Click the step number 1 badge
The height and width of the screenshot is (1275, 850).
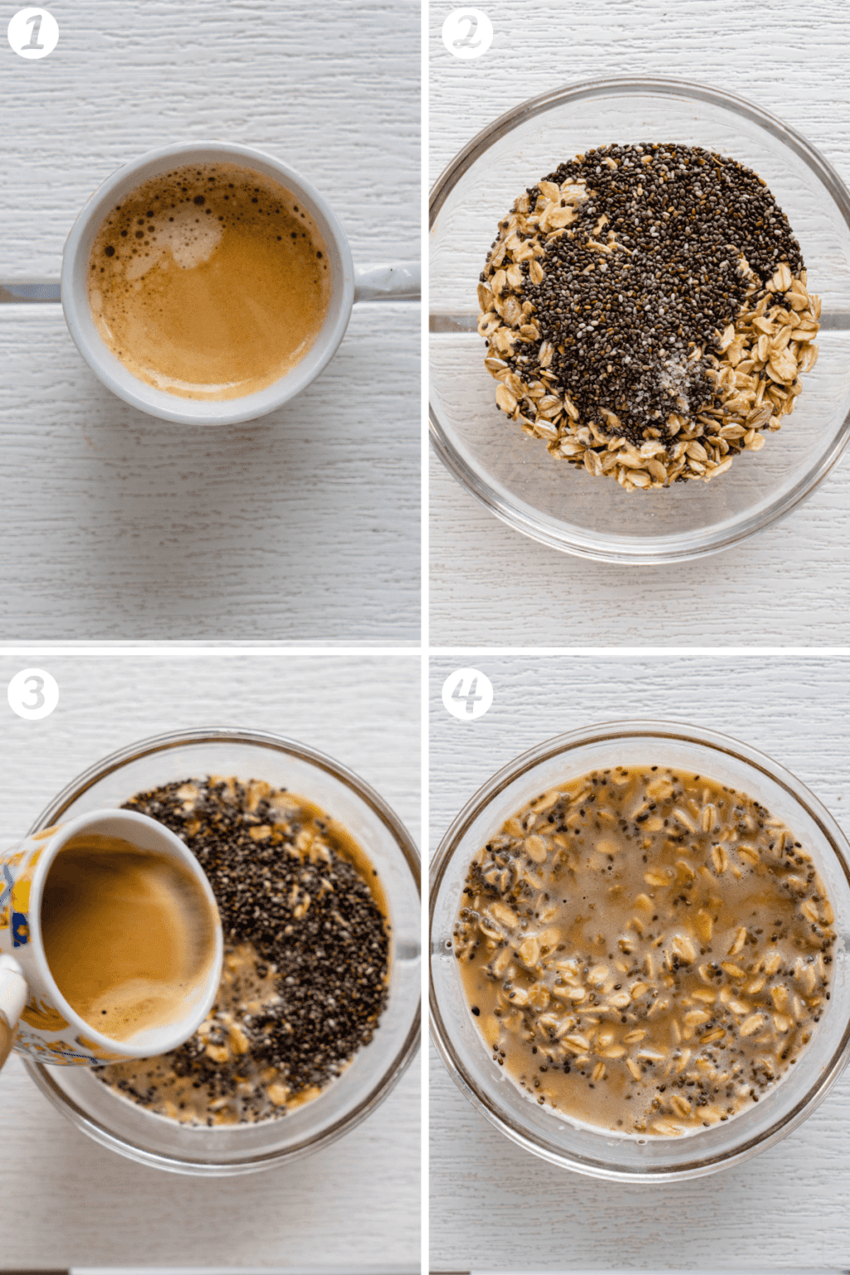pos(32,33)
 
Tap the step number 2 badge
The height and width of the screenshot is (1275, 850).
pos(467,33)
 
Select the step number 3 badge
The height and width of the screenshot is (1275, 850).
pos(32,693)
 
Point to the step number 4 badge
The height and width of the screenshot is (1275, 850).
pos(467,693)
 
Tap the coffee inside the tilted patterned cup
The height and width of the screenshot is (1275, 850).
pos(125,930)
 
